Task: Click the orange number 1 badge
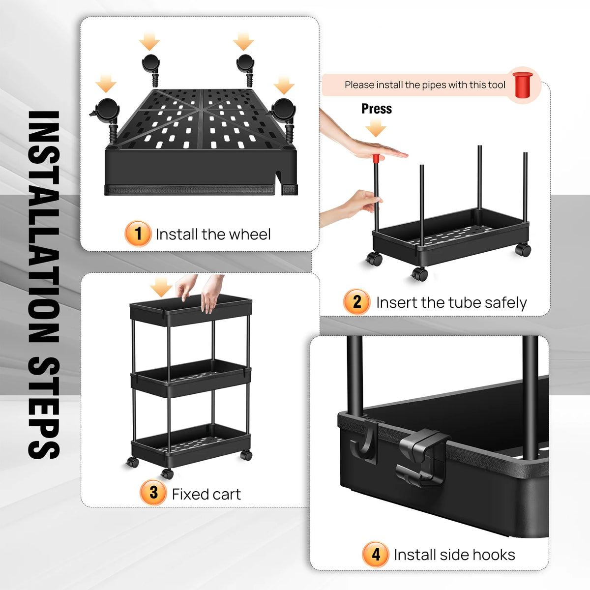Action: tap(138, 234)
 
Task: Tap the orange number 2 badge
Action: tap(356, 302)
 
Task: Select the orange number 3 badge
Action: tap(153, 493)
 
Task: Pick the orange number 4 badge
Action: tap(375, 555)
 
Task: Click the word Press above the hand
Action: tap(376, 109)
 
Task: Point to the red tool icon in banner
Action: tap(523, 85)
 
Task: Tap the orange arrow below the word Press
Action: tap(376, 127)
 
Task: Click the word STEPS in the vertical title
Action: tap(44, 407)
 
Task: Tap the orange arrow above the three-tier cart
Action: tap(161, 287)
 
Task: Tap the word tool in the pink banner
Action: tap(497, 85)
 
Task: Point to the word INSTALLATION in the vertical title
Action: tap(44, 227)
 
